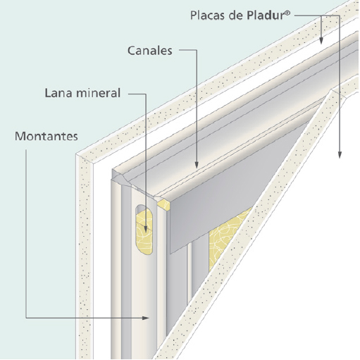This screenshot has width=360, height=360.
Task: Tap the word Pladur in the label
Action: click(x=265, y=15)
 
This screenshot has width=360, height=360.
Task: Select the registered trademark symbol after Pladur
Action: click(x=287, y=13)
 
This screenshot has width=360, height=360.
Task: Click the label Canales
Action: click(x=150, y=51)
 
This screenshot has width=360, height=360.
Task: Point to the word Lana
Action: click(x=58, y=93)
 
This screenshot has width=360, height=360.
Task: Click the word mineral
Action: click(x=98, y=93)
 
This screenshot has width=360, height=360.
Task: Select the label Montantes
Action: click(x=46, y=136)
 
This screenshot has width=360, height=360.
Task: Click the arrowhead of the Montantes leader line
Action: click(x=146, y=318)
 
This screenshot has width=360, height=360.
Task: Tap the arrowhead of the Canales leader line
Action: click(x=197, y=165)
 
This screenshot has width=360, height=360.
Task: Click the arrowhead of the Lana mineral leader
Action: click(x=146, y=228)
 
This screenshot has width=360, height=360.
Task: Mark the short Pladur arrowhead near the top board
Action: click(x=321, y=40)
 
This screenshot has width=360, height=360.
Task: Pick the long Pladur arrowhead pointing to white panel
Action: click(x=340, y=154)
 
